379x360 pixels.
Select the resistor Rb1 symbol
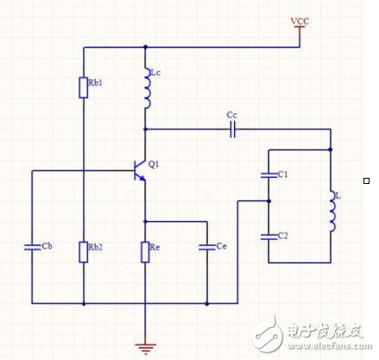(x=84, y=88)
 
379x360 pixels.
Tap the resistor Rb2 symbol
(x=84, y=251)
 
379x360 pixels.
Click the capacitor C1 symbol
(x=268, y=176)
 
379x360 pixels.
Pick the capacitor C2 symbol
(x=268, y=233)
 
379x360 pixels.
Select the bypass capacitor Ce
(x=206, y=248)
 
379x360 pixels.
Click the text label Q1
(x=154, y=163)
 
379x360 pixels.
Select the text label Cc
(x=231, y=114)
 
